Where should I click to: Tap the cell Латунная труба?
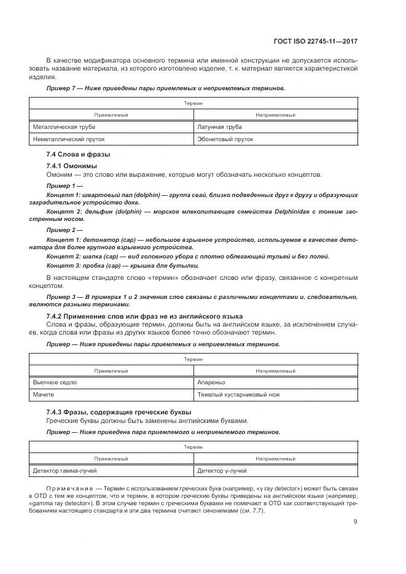[x=219, y=127]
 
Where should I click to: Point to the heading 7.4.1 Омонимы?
[x=71, y=166]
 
